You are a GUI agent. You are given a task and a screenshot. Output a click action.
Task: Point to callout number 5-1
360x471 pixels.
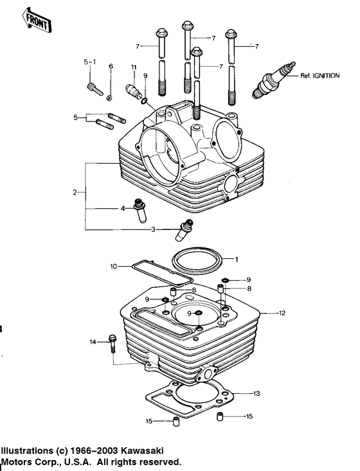coord(89,62)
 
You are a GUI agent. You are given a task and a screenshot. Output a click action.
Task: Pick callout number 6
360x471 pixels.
coord(111,67)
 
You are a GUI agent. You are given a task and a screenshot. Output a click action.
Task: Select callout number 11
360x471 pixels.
coord(134,68)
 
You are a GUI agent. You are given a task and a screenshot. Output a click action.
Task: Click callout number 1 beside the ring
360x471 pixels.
coord(236,260)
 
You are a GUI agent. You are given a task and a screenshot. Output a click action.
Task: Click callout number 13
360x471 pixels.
coord(256,393)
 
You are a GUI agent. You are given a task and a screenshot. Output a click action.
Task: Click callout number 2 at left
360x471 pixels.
coord(75,192)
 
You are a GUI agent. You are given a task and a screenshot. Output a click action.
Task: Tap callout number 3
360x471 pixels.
coord(153,229)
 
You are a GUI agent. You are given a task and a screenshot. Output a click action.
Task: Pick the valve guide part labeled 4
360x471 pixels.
coord(138,211)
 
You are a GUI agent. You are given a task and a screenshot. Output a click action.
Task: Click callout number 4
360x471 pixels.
coord(122,208)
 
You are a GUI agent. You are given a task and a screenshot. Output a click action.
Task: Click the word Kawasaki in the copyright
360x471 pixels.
coord(154,450)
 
